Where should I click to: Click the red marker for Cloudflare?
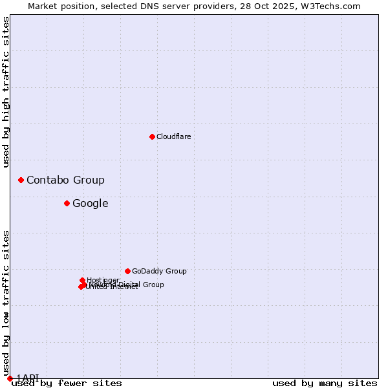coord(152,136)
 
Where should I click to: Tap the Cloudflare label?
coord(173,136)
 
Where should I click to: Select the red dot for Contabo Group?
coord(21,180)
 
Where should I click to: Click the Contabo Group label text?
coord(65,180)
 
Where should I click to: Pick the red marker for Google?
coord(67,203)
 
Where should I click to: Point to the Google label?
coord(90,204)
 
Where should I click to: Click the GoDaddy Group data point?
coord(127,271)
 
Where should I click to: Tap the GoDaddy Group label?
coord(159,272)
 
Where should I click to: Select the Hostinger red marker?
coord(82,280)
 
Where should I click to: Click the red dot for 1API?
coord(10,378)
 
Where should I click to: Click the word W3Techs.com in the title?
coord(334,6)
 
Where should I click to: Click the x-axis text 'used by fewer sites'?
coord(67,383)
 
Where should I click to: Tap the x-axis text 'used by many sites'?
coord(325,383)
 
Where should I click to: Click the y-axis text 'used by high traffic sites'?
coord(6,92)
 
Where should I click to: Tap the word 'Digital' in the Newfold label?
coord(129,285)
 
